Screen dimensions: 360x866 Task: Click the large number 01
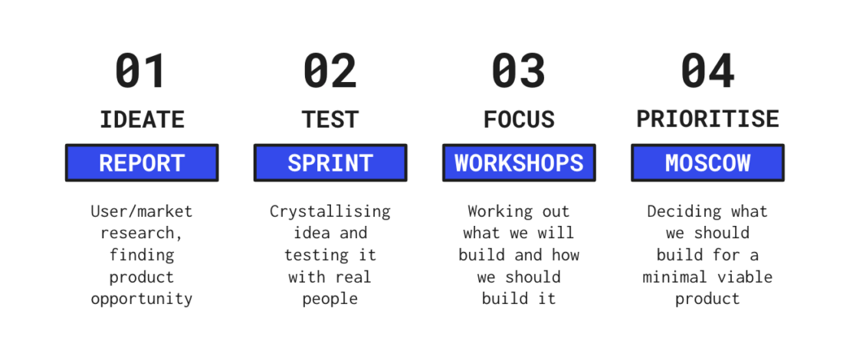pyautogui.click(x=141, y=70)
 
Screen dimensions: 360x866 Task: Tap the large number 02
pyautogui.click(x=330, y=70)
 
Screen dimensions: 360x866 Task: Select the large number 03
pyautogui.click(x=519, y=70)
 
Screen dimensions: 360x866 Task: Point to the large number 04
pyautogui.click(x=707, y=70)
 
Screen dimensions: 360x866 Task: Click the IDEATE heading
pyautogui.click(x=142, y=119)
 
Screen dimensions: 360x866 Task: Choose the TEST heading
pyautogui.click(x=330, y=119)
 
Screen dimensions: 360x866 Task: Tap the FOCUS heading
pyautogui.click(x=519, y=119)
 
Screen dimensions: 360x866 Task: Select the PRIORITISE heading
pyautogui.click(x=707, y=119)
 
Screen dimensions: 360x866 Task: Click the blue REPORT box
pyautogui.click(x=142, y=163)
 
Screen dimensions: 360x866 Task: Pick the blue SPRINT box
pyautogui.click(x=330, y=163)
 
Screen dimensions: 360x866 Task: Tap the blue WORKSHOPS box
pyautogui.click(x=519, y=163)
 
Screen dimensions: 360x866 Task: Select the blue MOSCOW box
pyautogui.click(x=707, y=163)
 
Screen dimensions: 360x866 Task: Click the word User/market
pyautogui.click(x=142, y=211)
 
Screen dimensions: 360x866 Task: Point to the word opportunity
pyautogui.click(x=142, y=299)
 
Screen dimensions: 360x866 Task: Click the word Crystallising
pyautogui.click(x=330, y=211)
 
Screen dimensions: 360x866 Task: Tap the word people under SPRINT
pyautogui.click(x=330, y=299)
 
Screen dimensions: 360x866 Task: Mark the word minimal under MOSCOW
pyautogui.click(x=675, y=277)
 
